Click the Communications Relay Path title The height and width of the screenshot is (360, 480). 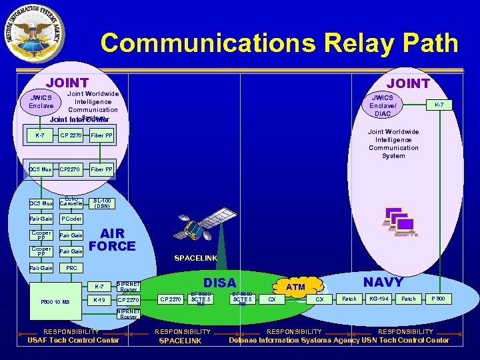click(279, 44)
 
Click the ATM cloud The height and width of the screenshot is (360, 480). click(295, 287)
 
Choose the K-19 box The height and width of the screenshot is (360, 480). click(99, 300)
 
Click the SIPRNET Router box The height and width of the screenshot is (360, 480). click(127, 287)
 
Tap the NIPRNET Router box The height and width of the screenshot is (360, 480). click(127, 313)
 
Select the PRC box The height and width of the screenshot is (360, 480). click(71, 268)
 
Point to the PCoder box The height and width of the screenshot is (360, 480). click(71, 219)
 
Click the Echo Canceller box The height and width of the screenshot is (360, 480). click(71, 202)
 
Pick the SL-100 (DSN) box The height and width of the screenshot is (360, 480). click(102, 203)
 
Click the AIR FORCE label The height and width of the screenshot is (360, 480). click(112, 240)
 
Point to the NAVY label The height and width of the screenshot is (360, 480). click(383, 282)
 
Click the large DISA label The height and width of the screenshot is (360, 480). click(219, 283)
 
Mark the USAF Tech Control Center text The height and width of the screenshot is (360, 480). click(73, 341)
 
